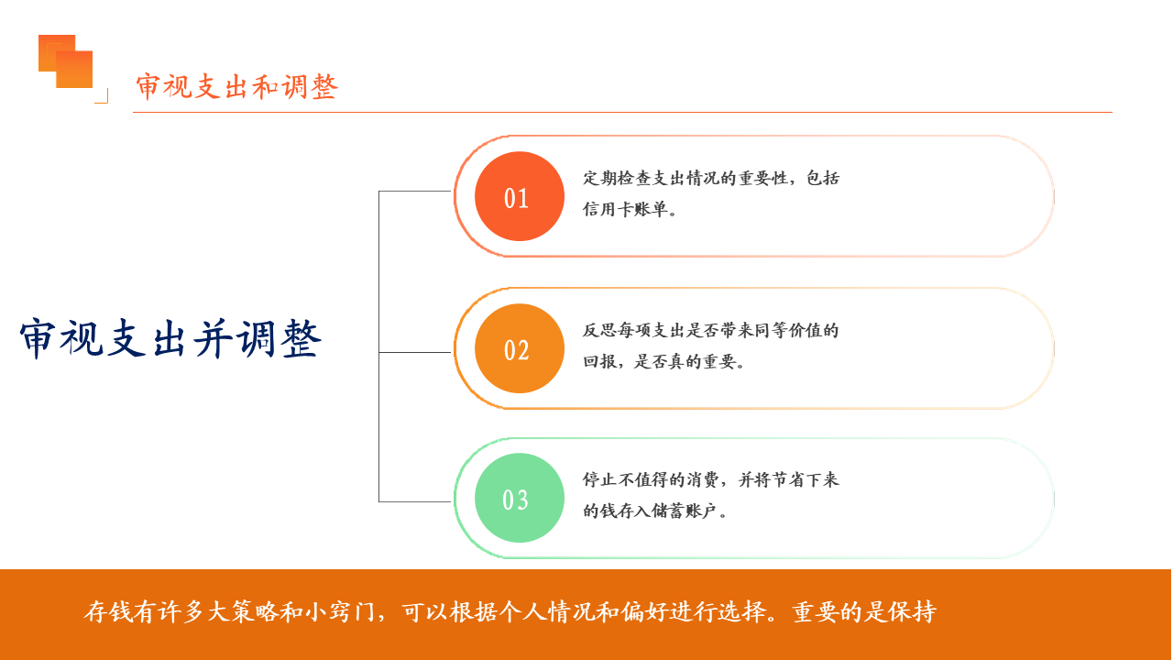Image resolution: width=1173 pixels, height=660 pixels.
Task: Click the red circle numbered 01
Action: (520, 196)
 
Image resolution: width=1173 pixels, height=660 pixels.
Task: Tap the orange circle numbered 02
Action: (520, 348)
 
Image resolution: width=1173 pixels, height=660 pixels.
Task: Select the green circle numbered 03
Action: (520, 498)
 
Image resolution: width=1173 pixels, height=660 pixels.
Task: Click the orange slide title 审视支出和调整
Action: (237, 87)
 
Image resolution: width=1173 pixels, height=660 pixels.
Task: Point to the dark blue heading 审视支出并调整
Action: (170, 339)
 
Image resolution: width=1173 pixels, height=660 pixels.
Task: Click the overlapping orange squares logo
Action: (65, 61)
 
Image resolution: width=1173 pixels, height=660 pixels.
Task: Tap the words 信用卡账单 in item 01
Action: (625, 210)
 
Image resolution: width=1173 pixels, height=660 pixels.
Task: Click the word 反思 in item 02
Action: (600, 331)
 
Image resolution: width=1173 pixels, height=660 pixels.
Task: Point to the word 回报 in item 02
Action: (600, 361)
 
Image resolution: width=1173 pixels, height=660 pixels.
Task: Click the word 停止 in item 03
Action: (600, 479)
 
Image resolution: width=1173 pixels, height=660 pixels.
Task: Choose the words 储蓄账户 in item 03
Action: (684, 511)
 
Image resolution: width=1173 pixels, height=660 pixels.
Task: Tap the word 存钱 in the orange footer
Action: (108, 611)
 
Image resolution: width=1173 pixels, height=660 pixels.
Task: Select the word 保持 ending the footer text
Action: (912, 611)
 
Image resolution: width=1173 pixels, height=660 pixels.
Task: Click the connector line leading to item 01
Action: (415, 192)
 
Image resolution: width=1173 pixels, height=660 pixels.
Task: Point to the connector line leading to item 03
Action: (415, 501)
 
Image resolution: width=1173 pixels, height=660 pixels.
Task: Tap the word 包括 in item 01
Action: (823, 178)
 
